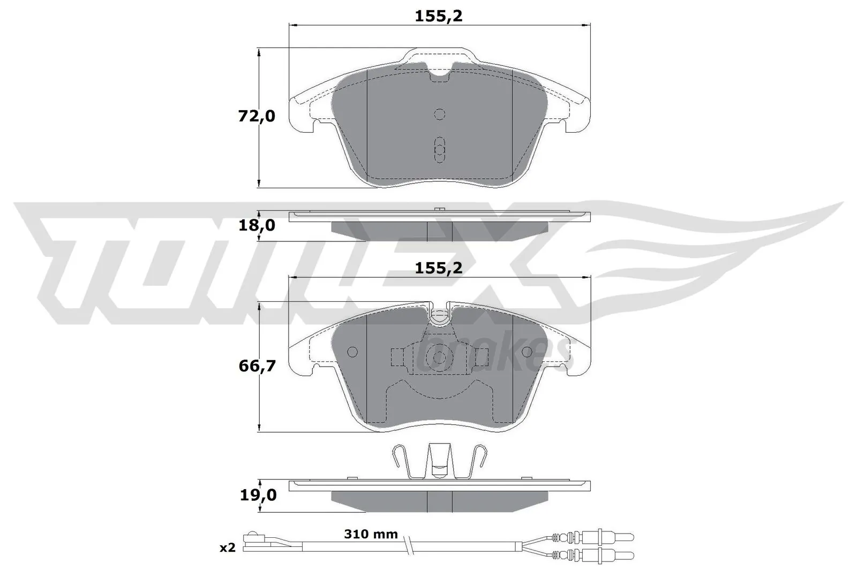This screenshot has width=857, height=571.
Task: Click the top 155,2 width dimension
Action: pos(438,16)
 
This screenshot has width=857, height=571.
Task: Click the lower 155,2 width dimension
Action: pos(438,268)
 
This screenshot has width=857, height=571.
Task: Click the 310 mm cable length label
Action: pos(371,534)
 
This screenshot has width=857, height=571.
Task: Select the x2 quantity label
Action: pos(228,547)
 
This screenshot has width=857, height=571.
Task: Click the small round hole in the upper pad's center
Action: pos(439,114)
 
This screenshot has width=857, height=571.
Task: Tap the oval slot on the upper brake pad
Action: pos(439,149)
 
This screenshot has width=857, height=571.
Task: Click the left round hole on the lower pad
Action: pos(352,352)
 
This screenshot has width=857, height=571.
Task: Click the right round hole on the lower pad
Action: pos(527,352)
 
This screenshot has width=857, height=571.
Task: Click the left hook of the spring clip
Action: pos(397,455)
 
